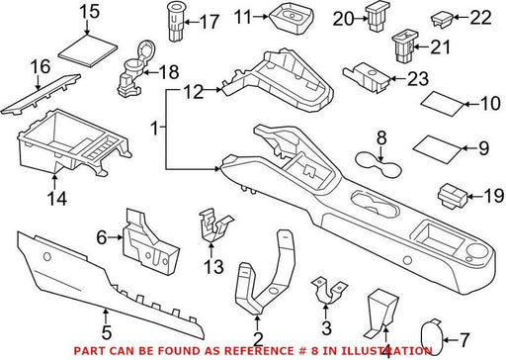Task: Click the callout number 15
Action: [x=90, y=11]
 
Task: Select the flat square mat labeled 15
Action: [x=88, y=50]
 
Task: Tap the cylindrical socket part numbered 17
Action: [x=177, y=22]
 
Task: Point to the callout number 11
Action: [x=244, y=17]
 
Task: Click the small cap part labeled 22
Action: [x=442, y=19]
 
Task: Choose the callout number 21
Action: [x=440, y=46]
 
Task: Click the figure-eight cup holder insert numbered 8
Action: [x=379, y=163]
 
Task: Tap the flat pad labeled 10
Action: [x=444, y=103]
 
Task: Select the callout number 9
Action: [x=483, y=148]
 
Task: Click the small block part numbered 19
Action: [x=453, y=196]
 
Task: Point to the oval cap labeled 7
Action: [x=432, y=337]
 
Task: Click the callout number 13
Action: [x=213, y=267]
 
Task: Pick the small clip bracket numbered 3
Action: [x=329, y=290]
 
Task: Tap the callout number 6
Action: [x=102, y=237]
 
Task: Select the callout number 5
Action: [x=107, y=332]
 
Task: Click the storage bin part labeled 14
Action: [x=74, y=142]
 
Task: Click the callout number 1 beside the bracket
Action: [x=155, y=128]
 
